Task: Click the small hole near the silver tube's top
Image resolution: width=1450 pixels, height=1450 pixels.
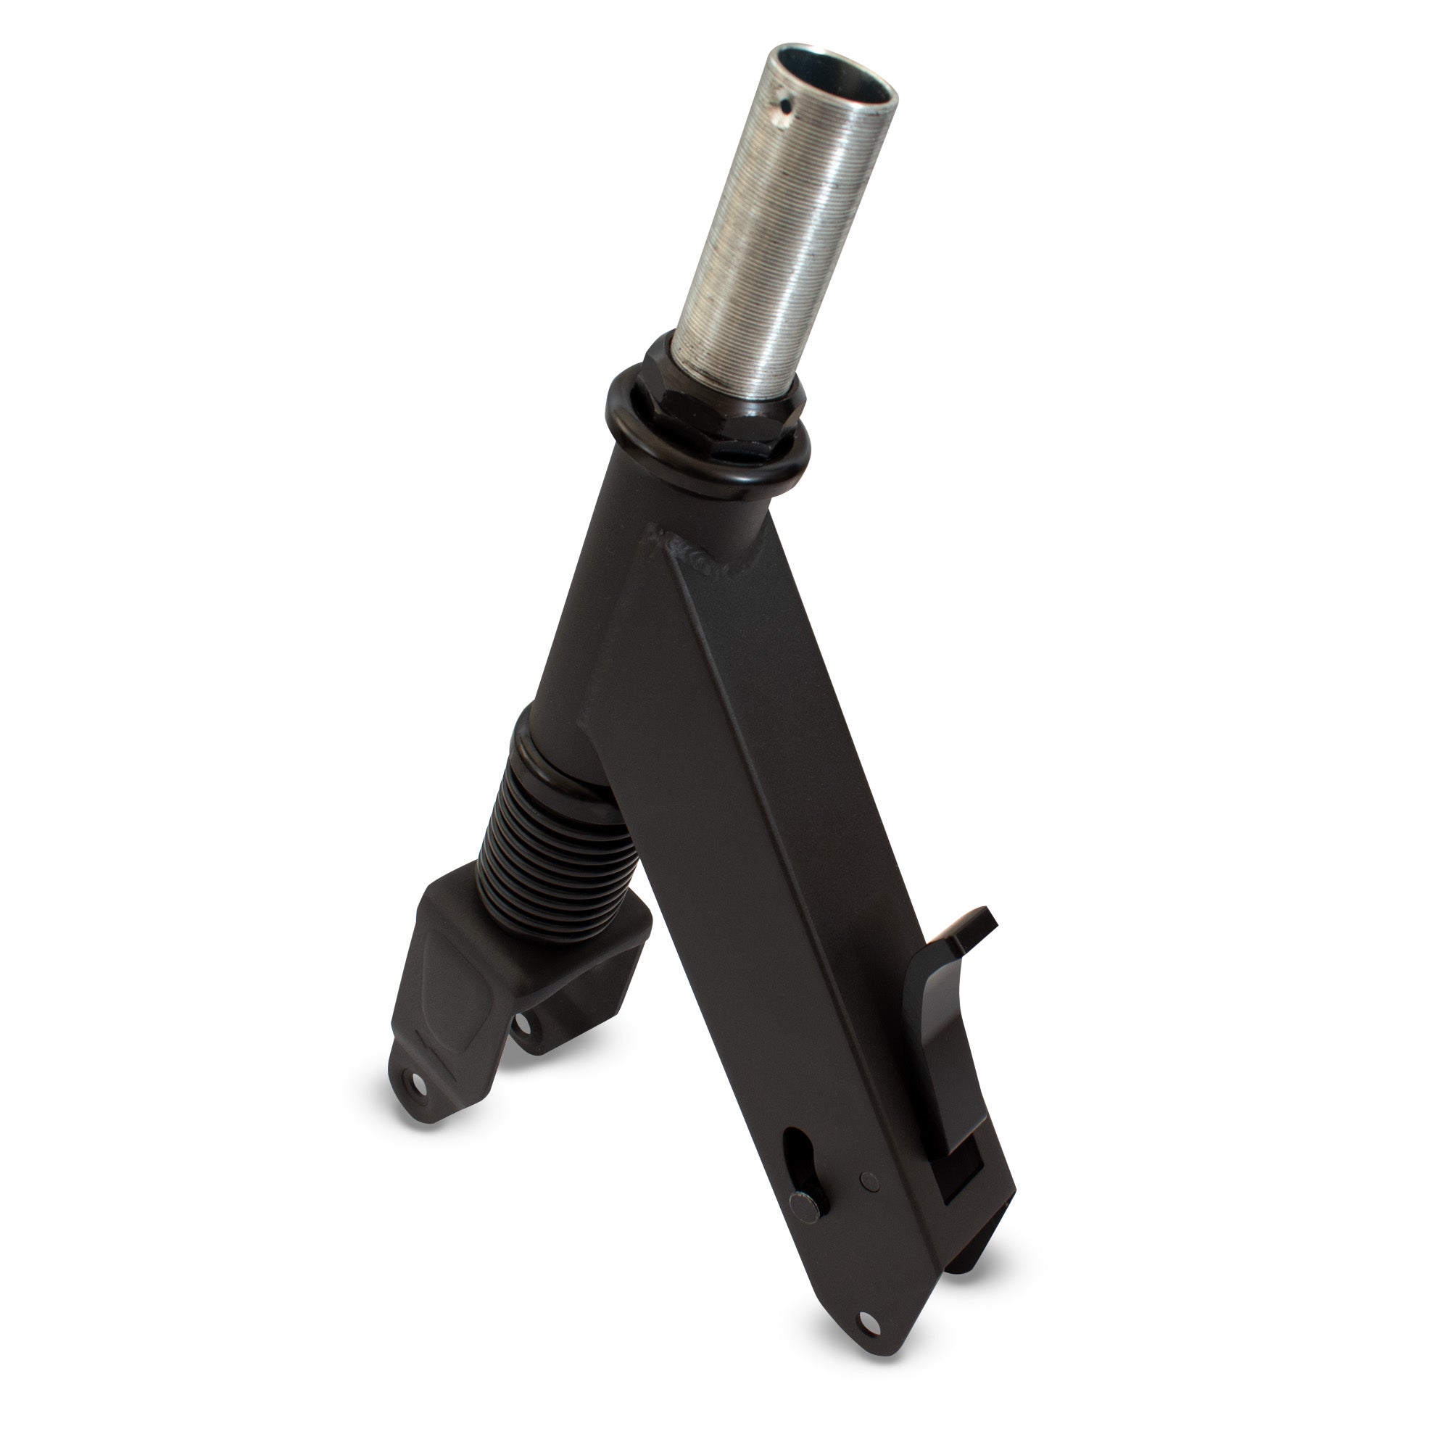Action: tap(786, 102)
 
